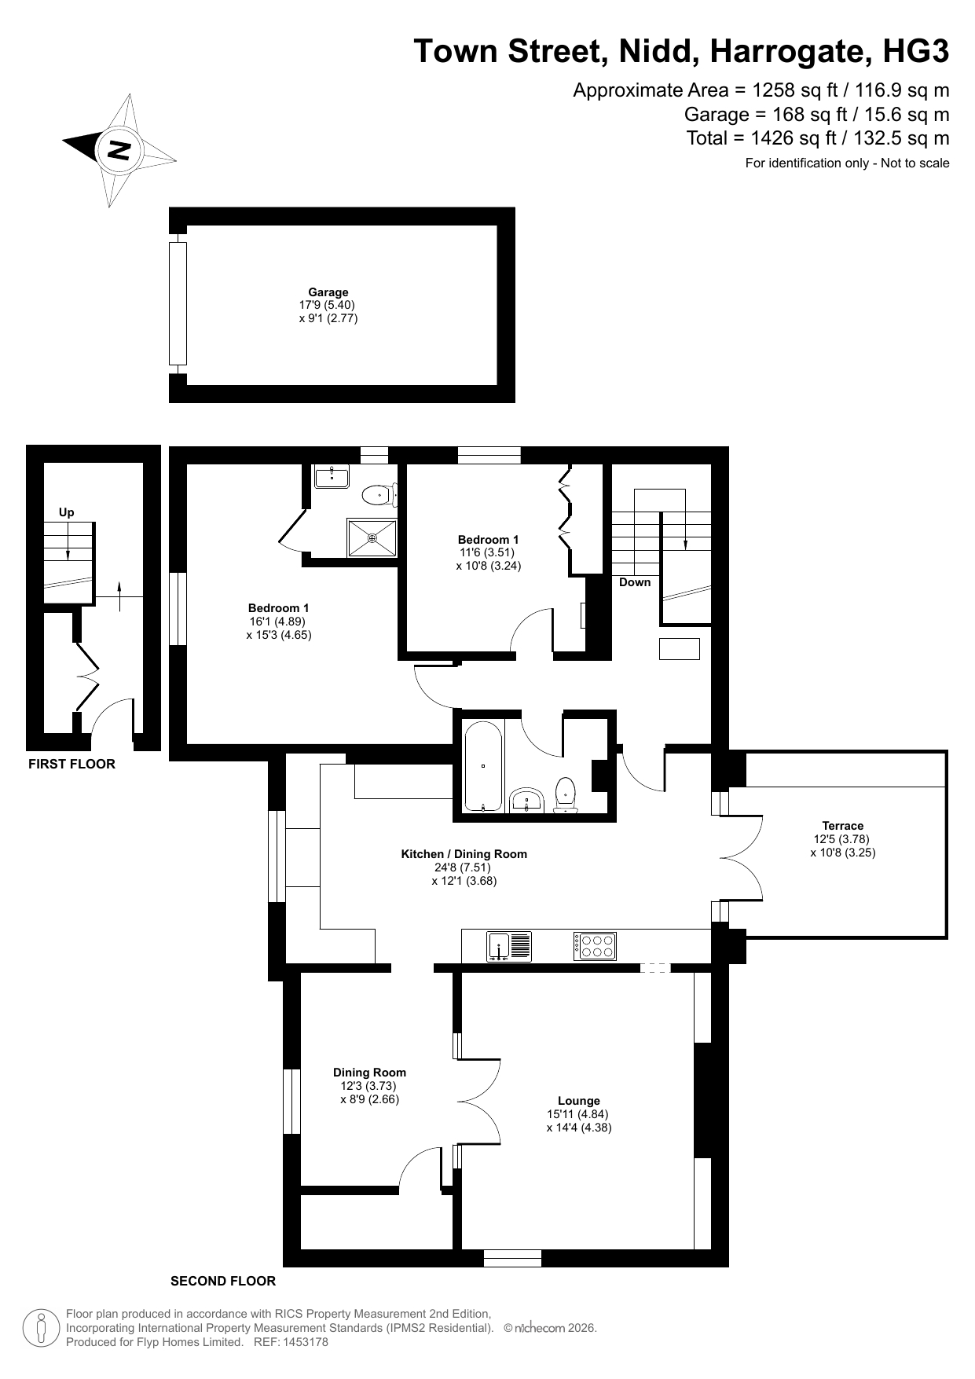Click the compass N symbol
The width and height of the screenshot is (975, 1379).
point(119,149)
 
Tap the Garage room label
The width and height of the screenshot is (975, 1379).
point(328,292)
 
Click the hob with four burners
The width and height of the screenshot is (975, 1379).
point(595,946)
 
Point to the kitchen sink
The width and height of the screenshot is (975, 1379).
point(509,946)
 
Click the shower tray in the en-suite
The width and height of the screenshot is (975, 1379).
point(372,538)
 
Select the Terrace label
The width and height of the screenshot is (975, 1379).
point(843,826)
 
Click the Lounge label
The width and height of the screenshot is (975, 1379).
point(579,1101)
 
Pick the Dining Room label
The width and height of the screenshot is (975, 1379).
point(369,1073)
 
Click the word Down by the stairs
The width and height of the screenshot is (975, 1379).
point(635,582)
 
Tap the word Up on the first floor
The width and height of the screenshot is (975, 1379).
point(67,513)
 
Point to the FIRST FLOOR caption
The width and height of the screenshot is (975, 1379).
point(71,764)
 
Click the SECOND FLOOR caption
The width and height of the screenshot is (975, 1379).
point(223,1281)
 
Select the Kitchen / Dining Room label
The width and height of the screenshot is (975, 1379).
point(464,854)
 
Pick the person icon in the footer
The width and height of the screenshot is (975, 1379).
point(41,1328)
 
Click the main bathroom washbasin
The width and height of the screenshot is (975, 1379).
point(527,800)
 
